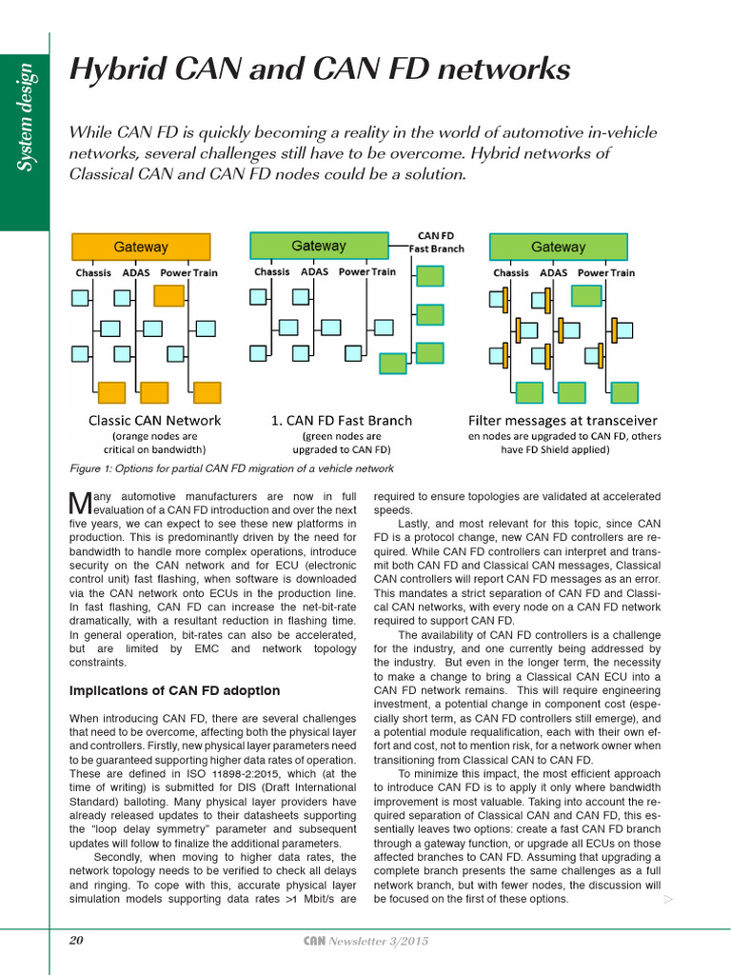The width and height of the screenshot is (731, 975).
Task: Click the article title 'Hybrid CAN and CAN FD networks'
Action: (320, 70)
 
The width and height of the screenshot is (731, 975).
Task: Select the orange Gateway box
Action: (141, 247)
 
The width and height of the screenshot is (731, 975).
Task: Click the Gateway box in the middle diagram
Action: (319, 246)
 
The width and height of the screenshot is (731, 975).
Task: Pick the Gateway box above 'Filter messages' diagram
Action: (559, 247)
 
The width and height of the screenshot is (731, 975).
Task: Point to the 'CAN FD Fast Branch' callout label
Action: (437, 242)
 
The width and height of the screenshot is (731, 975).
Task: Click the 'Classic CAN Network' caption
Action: (154, 420)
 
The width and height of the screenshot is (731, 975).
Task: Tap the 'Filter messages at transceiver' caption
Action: (562, 420)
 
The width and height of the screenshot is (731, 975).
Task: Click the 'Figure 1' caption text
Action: (232, 468)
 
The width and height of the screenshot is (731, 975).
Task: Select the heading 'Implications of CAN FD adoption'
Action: (175, 690)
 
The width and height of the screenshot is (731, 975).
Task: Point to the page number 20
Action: (77, 941)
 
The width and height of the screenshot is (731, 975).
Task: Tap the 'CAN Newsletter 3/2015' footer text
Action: (365, 941)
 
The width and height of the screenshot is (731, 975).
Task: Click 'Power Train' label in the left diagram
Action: (188, 273)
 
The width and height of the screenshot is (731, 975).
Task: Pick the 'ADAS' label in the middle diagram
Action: (314, 272)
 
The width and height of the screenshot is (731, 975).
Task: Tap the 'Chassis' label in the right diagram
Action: (511, 273)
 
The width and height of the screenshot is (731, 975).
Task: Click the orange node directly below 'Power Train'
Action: (169, 295)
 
